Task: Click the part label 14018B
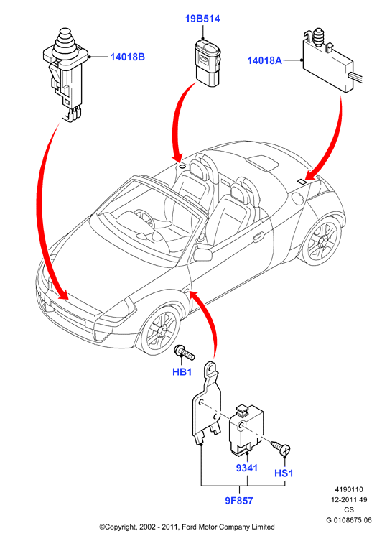(x=127, y=57)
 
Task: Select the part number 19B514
(x=202, y=19)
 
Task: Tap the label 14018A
(x=264, y=60)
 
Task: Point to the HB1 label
(x=182, y=372)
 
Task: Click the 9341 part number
(x=247, y=468)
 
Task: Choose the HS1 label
(x=284, y=473)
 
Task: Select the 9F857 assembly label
(x=239, y=501)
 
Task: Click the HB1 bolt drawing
(x=185, y=352)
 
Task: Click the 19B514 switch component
(x=208, y=61)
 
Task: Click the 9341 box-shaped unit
(x=246, y=429)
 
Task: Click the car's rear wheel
(x=322, y=239)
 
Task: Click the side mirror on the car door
(x=202, y=254)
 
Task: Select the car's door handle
(x=258, y=238)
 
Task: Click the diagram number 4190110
(x=349, y=489)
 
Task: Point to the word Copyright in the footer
(x=119, y=527)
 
